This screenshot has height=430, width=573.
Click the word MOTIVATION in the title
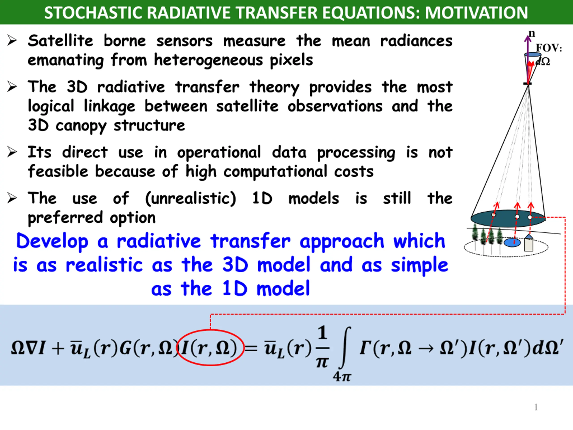[x=476, y=13]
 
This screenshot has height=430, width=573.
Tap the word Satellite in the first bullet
[x=60, y=41]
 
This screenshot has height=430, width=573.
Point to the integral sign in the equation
[x=345, y=347]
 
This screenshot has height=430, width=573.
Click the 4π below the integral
[x=342, y=376]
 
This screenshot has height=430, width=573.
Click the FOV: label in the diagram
[x=549, y=48]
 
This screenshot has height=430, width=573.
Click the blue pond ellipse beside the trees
[x=512, y=243]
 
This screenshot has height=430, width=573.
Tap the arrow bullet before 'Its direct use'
[x=12, y=152]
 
